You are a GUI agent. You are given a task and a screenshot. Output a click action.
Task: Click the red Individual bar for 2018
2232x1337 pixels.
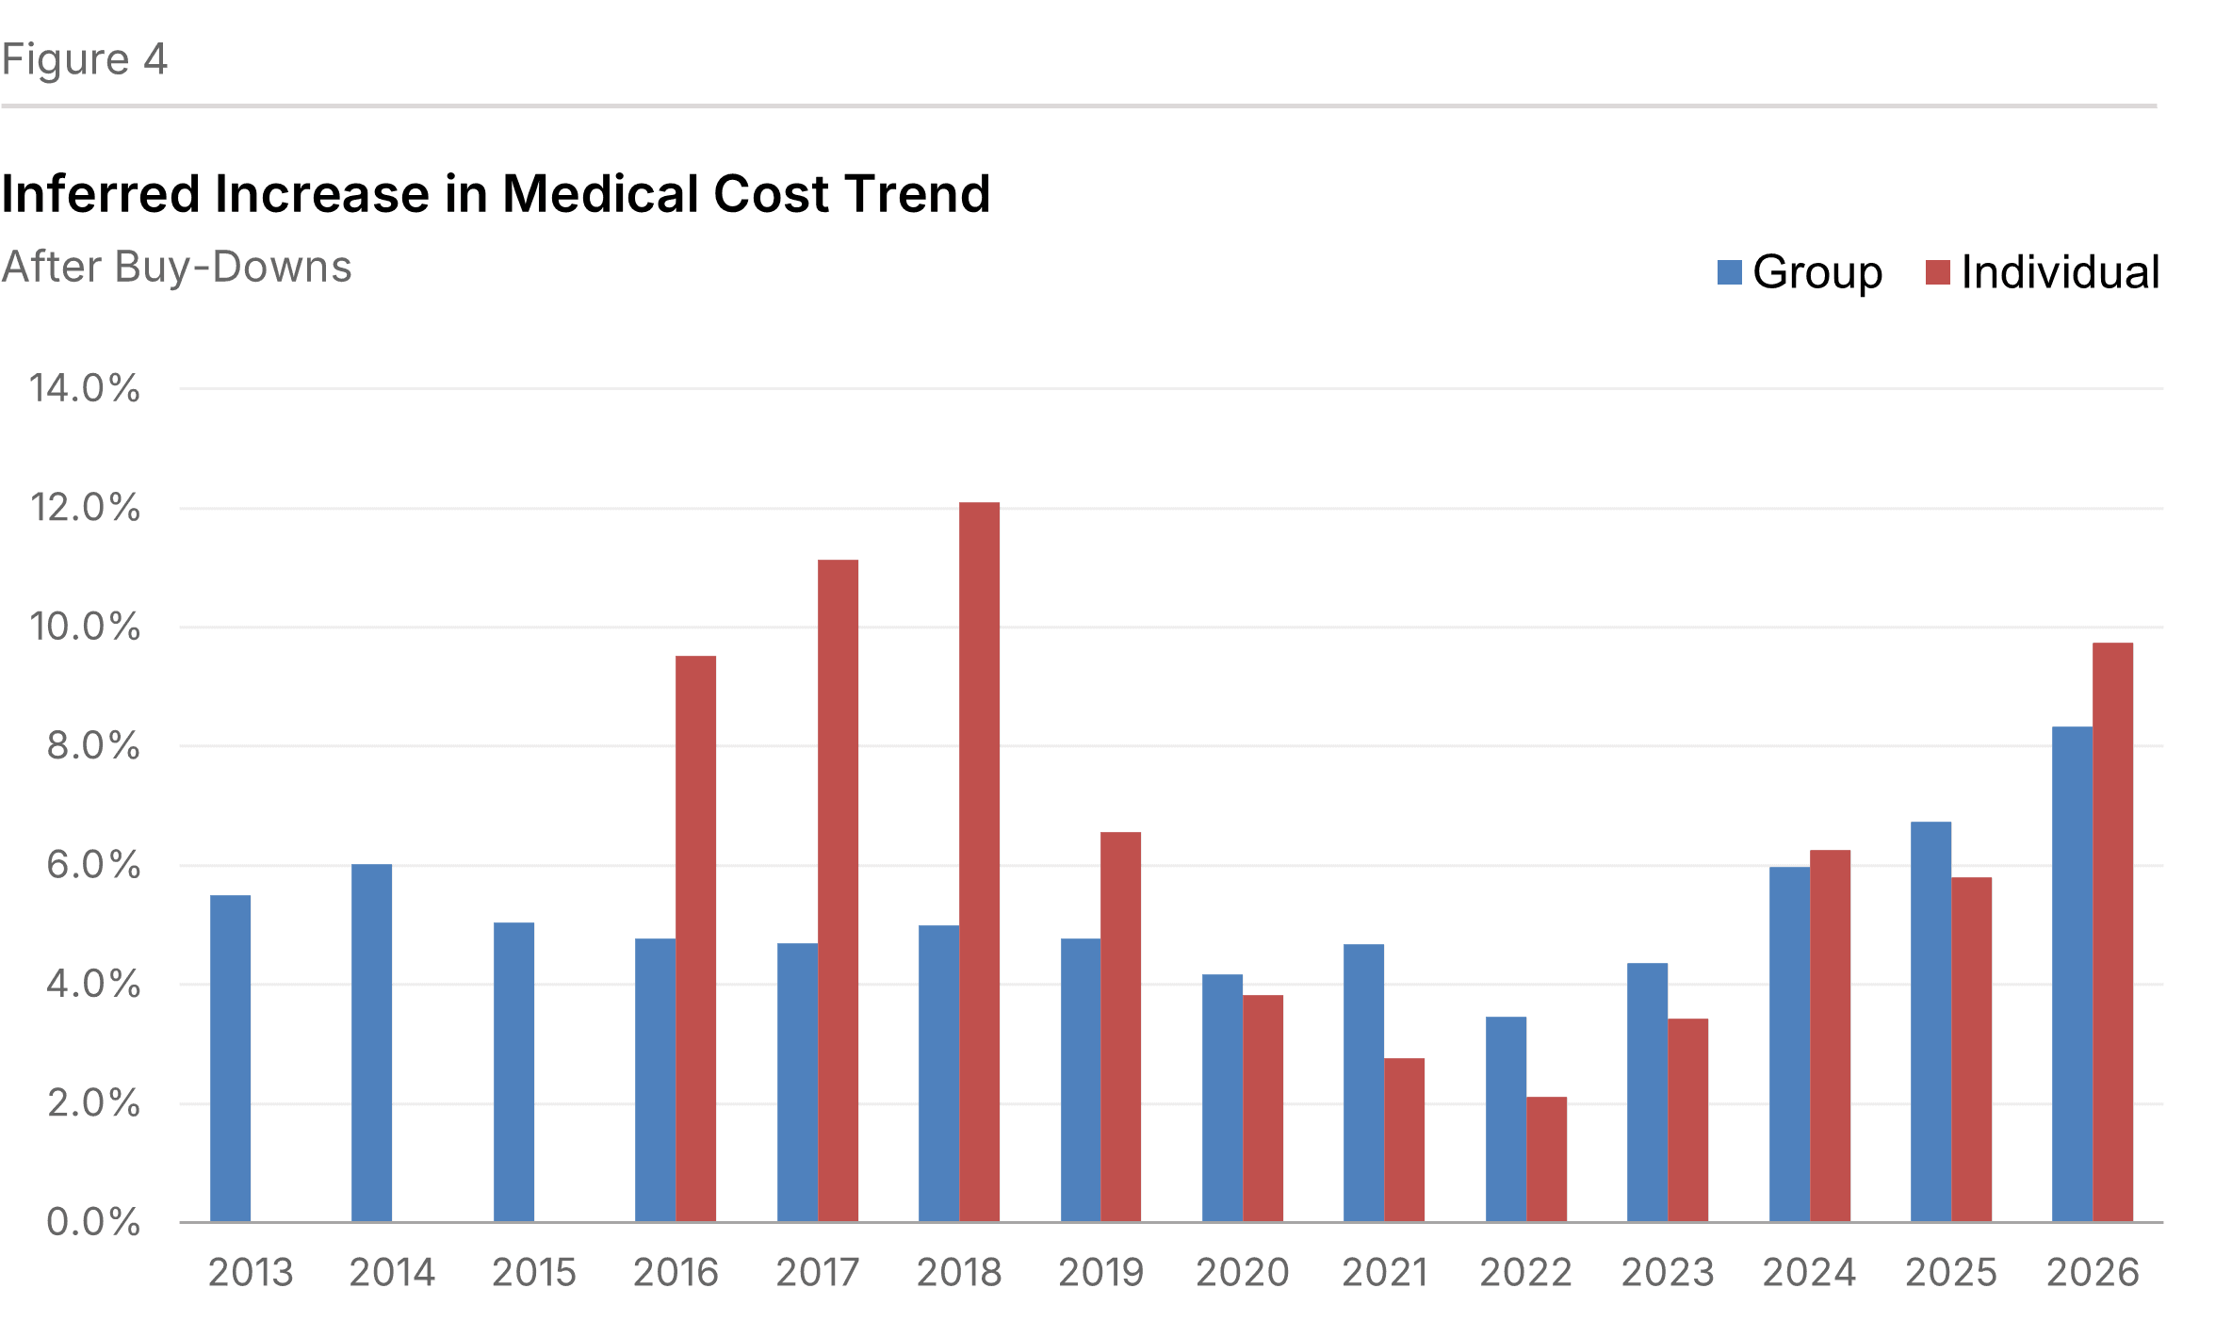979,862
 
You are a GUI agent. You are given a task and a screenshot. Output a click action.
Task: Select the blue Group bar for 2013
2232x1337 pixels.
230,1058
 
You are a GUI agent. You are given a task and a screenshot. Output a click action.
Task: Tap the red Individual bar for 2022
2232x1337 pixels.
1546,1159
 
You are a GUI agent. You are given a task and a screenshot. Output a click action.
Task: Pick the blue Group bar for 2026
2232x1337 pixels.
2072,974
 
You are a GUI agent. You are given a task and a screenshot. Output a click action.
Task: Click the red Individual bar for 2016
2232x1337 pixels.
695,938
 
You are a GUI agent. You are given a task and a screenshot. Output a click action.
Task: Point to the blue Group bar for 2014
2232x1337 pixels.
371,1043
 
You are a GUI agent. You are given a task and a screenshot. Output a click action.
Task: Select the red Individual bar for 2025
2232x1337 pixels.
1971,1050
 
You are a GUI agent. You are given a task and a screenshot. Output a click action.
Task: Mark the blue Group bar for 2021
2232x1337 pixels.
1363,1083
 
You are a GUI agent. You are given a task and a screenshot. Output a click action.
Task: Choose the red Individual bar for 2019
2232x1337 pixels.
1120,1027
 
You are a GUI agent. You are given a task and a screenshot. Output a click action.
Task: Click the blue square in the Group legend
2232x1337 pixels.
1730,272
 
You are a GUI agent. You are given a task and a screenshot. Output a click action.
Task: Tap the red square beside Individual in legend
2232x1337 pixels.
1937,272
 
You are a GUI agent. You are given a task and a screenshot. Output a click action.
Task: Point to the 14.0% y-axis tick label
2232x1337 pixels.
85,388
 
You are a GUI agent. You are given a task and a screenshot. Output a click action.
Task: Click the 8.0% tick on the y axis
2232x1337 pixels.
93,746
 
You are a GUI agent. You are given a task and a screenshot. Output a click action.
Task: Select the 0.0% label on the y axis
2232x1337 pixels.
93,1222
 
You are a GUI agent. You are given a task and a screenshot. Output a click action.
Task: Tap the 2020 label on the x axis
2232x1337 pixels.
1242,1273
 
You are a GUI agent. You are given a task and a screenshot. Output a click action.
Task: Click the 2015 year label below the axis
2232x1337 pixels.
533,1273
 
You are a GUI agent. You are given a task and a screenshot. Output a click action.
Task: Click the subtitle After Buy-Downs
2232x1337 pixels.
176,267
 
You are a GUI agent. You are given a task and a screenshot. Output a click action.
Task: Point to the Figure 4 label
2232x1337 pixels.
85,59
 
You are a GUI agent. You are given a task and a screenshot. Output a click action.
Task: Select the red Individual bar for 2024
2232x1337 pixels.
1830,1035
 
